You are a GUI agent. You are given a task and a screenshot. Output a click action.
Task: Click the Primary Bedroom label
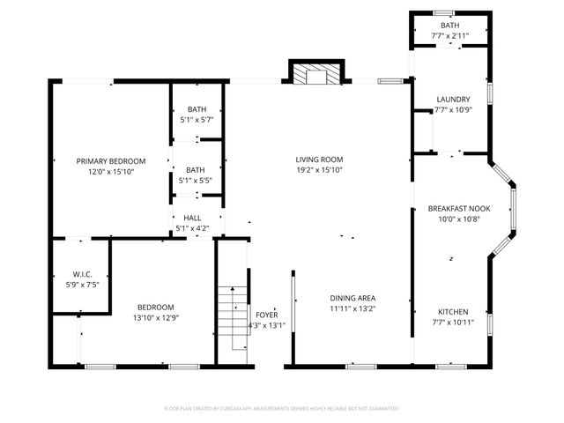[x=110, y=161]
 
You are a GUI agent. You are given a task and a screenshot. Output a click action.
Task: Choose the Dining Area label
[x=352, y=298]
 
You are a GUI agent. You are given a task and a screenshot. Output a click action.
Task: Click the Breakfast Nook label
[x=459, y=209]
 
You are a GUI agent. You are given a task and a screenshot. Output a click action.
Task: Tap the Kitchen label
[x=453, y=312]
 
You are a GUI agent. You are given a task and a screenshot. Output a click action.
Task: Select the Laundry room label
[x=454, y=100]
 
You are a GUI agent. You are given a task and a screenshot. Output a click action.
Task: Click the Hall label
[x=192, y=218]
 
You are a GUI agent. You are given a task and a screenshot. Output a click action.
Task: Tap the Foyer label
[x=265, y=315]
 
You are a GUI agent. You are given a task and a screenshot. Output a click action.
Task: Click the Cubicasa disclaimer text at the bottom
[x=282, y=409]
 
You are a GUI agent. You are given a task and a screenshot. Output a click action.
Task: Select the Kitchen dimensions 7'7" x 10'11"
[x=454, y=323]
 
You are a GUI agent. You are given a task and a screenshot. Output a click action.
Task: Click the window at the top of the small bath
[x=444, y=12]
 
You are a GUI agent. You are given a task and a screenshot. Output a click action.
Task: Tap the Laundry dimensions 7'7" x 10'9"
[x=454, y=110]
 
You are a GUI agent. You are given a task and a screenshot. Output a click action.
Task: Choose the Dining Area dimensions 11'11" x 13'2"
[x=352, y=308]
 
